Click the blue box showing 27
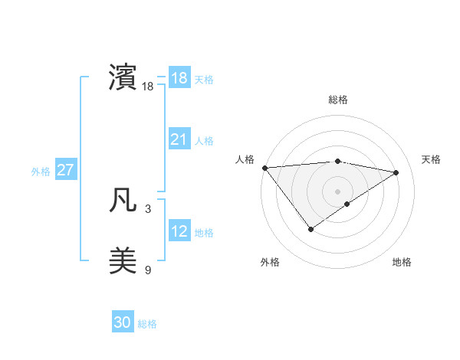(x=65, y=170)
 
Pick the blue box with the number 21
(x=179, y=139)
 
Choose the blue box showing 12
(x=179, y=231)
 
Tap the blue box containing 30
(x=123, y=322)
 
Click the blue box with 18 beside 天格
(x=179, y=78)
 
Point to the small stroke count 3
(x=148, y=208)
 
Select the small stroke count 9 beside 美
(x=148, y=269)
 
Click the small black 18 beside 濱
(x=148, y=87)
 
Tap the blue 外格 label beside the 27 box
(x=41, y=172)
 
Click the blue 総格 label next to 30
(x=147, y=324)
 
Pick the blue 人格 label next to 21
(x=204, y=141)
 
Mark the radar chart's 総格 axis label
(x=337, y=100)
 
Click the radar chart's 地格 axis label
(x=402, y=262)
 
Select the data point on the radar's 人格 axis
(x=264, y=167)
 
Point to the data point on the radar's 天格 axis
(x=396, y=172)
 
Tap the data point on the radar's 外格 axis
(x=310, y=228)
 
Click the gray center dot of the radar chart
(x=337, y=191)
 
